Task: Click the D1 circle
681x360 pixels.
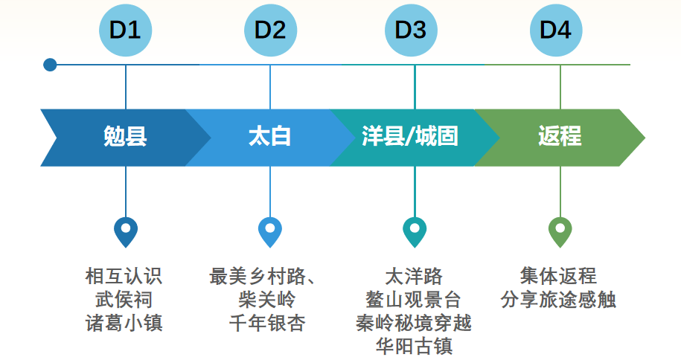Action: click(x=125, y=30)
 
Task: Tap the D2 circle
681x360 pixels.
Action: click(x=270, y=30)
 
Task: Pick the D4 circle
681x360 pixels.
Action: click(x=556, y=30)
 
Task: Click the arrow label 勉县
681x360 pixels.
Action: click(x=125, y=138)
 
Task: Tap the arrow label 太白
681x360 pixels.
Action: click(x=269, y=138)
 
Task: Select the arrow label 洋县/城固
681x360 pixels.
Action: click(x=410, y=138)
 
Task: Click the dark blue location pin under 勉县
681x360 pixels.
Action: click(x=126, y=231)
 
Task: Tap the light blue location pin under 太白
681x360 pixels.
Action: click(x=270, y=231)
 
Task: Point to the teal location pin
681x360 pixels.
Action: click(x=415, y=231)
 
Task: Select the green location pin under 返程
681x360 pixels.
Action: click(x=560, y=231)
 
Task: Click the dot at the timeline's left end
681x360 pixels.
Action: click(x=50, y=65)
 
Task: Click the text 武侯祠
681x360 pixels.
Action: click(x=124, y=300)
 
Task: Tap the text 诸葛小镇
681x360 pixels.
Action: click(x=124, y=323)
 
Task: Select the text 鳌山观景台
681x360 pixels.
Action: click(x=413, y=300)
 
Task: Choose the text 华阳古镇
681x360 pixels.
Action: click(x=414, y=346)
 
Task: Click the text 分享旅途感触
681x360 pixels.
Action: click(x=558, y=300)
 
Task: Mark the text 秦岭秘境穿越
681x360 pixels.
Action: click(x=414, y=323)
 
